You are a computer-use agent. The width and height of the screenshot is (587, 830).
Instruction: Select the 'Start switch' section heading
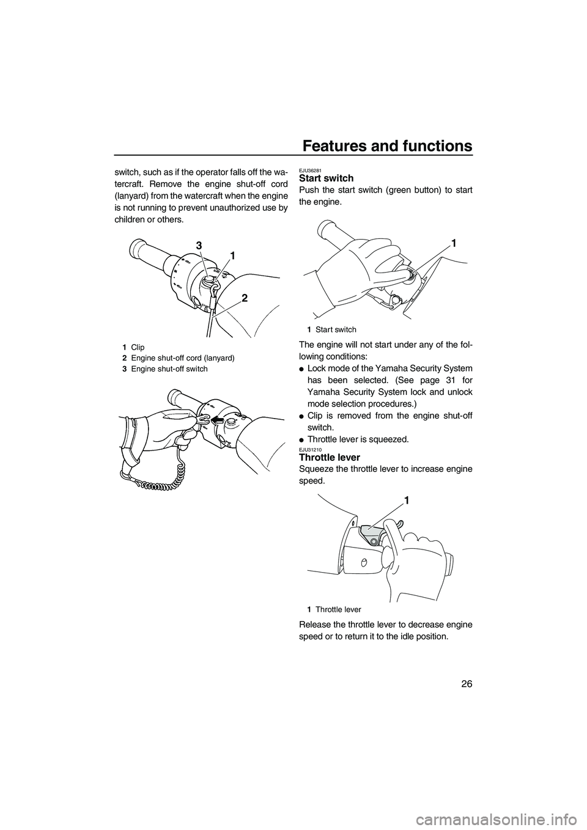(326, 178)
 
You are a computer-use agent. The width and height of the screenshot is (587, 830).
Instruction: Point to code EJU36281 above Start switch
(310, 170)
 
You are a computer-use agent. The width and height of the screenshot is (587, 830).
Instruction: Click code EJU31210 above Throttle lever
(310, 449)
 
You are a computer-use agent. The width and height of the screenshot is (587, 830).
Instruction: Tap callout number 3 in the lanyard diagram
(199, 245)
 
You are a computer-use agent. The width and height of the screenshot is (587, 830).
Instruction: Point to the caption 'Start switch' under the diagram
(336, 329)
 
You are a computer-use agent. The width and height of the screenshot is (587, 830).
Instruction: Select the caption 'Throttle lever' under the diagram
(338, 609)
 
